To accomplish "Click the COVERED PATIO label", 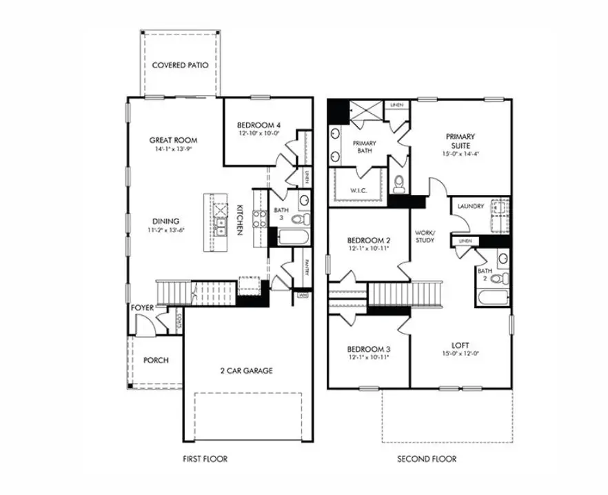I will [x=181, y=65].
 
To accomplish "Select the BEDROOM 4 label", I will [x=259, y=125].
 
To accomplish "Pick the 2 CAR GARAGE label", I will [x=246, y=371].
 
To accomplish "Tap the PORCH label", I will [x=156, y=361].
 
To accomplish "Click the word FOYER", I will [x=143, y=307].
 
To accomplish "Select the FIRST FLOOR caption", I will [x=205, y=459].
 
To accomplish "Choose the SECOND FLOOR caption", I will [x=427, y=459].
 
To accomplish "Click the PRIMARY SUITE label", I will [x=460, y=141].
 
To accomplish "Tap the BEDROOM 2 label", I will [x=369, y=240].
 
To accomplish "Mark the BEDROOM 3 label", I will [x=369, y=349].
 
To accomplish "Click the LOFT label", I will [x=461, y=345].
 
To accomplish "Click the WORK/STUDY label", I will [x=425, y=236].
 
